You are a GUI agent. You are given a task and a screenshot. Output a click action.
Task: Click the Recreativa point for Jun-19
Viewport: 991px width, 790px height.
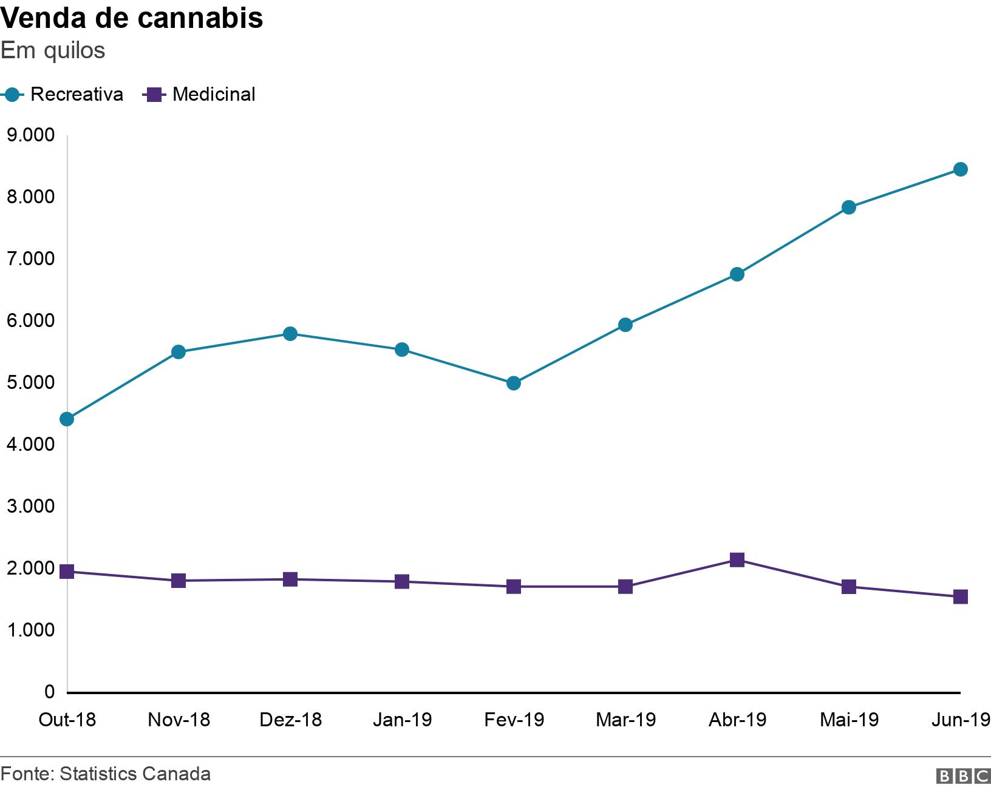[x=960, y=169]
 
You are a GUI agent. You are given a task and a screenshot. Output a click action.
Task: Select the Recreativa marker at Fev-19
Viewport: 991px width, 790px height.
[x=514, y=383]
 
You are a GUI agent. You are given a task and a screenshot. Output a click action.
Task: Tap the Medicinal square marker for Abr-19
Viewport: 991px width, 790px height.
[x=737, y=559]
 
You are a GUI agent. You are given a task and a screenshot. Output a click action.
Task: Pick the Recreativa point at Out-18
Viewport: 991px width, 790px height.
[x=67, y=419]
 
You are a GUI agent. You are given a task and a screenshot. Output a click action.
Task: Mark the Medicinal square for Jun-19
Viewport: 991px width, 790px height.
[x=960, y=596]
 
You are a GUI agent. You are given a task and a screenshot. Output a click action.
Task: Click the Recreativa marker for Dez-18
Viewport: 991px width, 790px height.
[x=290, y=334]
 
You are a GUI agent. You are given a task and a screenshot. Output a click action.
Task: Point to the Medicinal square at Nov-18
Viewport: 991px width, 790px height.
[x=179, y=581]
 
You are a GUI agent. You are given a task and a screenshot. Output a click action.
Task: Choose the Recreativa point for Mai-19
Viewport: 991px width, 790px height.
[x=849, y=208]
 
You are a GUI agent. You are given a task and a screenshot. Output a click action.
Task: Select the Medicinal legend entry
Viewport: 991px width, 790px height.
[x=199, y=95]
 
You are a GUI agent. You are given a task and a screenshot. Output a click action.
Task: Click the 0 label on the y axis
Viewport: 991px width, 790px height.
[x=49, y=691]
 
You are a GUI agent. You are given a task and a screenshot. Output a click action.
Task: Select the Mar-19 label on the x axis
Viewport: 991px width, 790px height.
[x=625, y=720]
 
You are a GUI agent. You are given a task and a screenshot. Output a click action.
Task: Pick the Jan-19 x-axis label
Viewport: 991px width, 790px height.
[x=402, y=720]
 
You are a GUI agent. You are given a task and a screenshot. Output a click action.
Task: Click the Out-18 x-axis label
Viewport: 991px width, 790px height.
[x=67, y=720]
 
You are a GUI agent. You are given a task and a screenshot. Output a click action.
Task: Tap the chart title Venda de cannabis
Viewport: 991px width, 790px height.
[x=132, y=18]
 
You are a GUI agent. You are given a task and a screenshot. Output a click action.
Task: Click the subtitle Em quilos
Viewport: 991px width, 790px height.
[x=53, y=50]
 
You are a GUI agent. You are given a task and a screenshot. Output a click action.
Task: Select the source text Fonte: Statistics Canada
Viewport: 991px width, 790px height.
[x=106, y=774]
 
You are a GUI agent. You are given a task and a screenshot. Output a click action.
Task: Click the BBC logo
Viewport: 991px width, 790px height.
[x=963, y=775]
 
